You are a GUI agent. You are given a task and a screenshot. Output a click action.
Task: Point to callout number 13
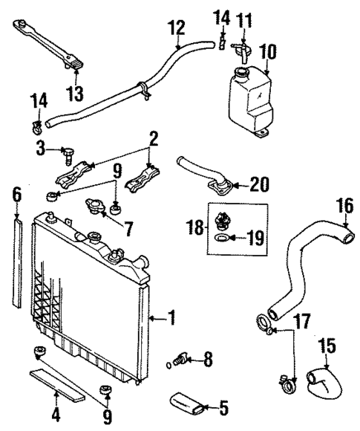pos(76,94)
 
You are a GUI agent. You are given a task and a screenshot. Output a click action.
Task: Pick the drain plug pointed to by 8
pos(178,360)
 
